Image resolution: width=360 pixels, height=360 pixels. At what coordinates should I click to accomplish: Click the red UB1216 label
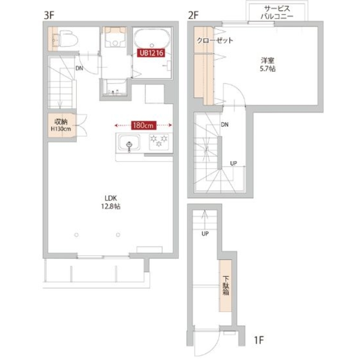pyautogui.click(x=151, y=53)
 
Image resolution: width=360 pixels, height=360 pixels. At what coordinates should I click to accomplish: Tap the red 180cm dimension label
pyautogui.click(x=143, y=125)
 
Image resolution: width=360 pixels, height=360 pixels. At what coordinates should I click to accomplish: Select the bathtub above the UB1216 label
pyautogui.click(x=152, y=39)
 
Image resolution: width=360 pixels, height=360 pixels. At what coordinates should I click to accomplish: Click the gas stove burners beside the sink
pyautogui.click(x=159, y=141)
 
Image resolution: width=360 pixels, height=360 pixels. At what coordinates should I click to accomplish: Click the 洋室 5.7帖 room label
pyautogui.click(x=268, y=64)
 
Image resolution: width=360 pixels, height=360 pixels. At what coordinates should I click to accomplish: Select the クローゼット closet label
pyautogui.click(x=215, y=40)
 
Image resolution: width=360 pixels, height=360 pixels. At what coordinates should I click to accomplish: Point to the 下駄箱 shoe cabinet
pyautogui.click(x=226, y=285)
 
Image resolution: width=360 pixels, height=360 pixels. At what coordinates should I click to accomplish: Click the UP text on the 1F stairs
pyautogui.click(x=205, y=234)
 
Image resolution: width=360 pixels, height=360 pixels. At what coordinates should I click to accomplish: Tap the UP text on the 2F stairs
pyautogui.click(x=233, y=163)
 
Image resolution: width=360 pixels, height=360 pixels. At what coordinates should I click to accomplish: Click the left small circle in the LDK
pyautogui.click(x=76, y=235)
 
